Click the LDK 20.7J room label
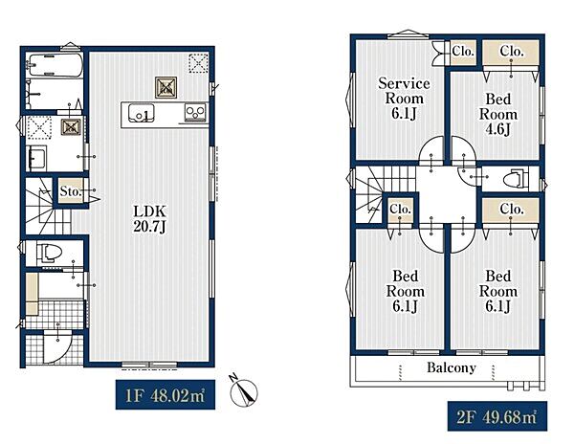[x=150, y=219]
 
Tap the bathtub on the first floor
[x=55, y=65]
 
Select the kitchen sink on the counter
[x=142, y=113]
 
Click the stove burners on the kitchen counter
[x=195, y=112]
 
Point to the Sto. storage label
[x=70, y=191]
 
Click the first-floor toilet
[x=49, y=253]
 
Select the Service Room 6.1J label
[x=404, y=99]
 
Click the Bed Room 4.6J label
[x=497, y=114]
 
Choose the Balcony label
[x=452, y=367]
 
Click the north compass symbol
[x=243, y=391]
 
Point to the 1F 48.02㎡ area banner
[x=166, y=395]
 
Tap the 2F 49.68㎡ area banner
[x=497, y=416]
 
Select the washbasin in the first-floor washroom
[x=36, y=158]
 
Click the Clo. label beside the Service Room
[x=463, y=52]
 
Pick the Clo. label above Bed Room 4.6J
[x=512, y=52]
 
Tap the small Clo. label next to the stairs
[x=400, y=210]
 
